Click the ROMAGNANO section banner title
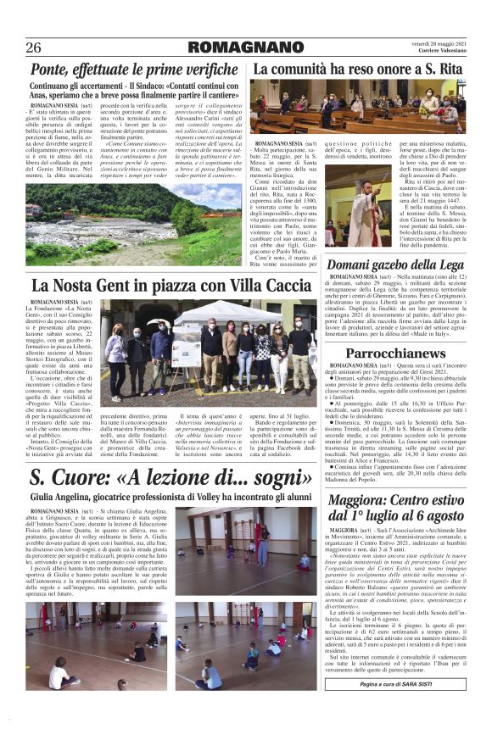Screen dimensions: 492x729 (245, 47)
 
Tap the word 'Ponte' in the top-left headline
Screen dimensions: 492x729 (51, 69)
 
